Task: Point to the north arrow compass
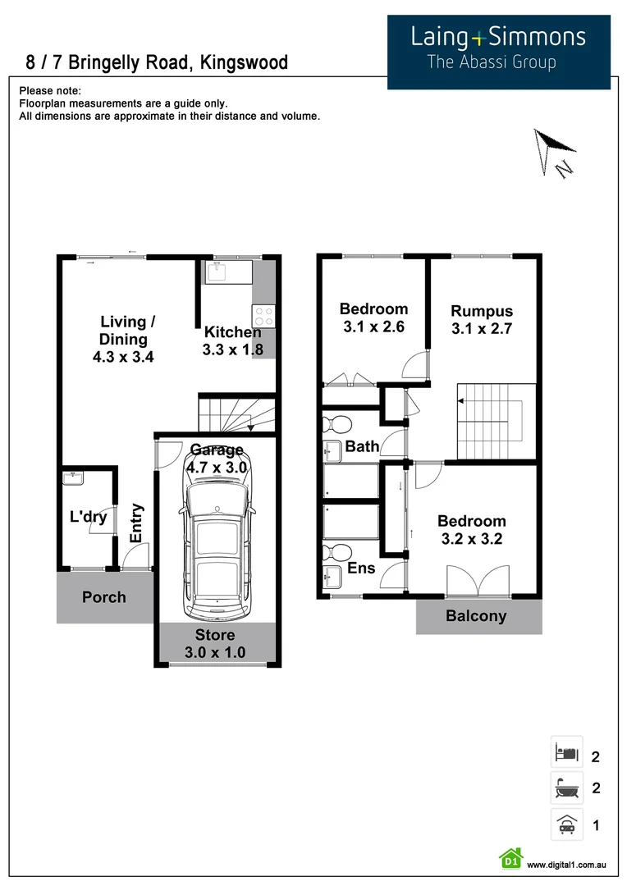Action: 553,151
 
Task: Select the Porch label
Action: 104,597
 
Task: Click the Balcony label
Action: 476,616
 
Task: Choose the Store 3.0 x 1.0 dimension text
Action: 215,653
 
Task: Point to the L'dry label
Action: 88,518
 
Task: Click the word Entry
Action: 136,523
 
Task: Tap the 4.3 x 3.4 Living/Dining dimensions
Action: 124,357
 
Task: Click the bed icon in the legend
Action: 567,751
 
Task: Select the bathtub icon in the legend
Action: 567,788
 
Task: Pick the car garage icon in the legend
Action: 567,824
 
